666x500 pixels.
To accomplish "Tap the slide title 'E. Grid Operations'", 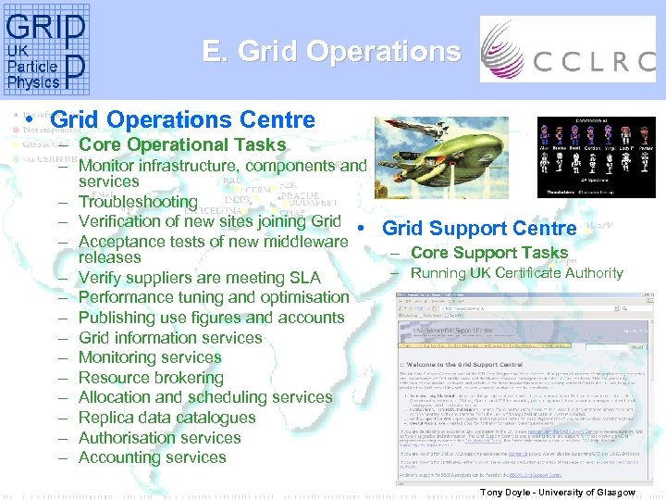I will tap(331, 52).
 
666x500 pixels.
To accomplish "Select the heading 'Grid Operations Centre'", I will tap(183, 119).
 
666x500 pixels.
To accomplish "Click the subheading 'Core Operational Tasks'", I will tap(182, 144).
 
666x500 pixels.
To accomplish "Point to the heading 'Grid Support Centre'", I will tap(479, 228).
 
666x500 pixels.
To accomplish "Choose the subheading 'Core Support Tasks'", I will tap(489, 252).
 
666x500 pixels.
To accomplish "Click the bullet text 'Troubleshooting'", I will tap(138, 202).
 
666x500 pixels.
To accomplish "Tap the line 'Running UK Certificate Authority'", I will tap(517, 272).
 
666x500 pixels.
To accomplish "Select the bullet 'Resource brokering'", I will tap(151, 378).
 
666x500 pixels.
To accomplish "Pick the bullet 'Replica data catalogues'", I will tap(166, 418).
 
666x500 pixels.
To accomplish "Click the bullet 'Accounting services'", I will tap(152, 457).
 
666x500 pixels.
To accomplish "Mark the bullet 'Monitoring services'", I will tap(150, 357).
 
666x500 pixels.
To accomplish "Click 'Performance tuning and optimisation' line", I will tap(214, 297).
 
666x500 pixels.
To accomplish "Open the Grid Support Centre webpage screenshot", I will tap(512, 389).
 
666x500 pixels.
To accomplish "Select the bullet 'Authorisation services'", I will tap(159, 438).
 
